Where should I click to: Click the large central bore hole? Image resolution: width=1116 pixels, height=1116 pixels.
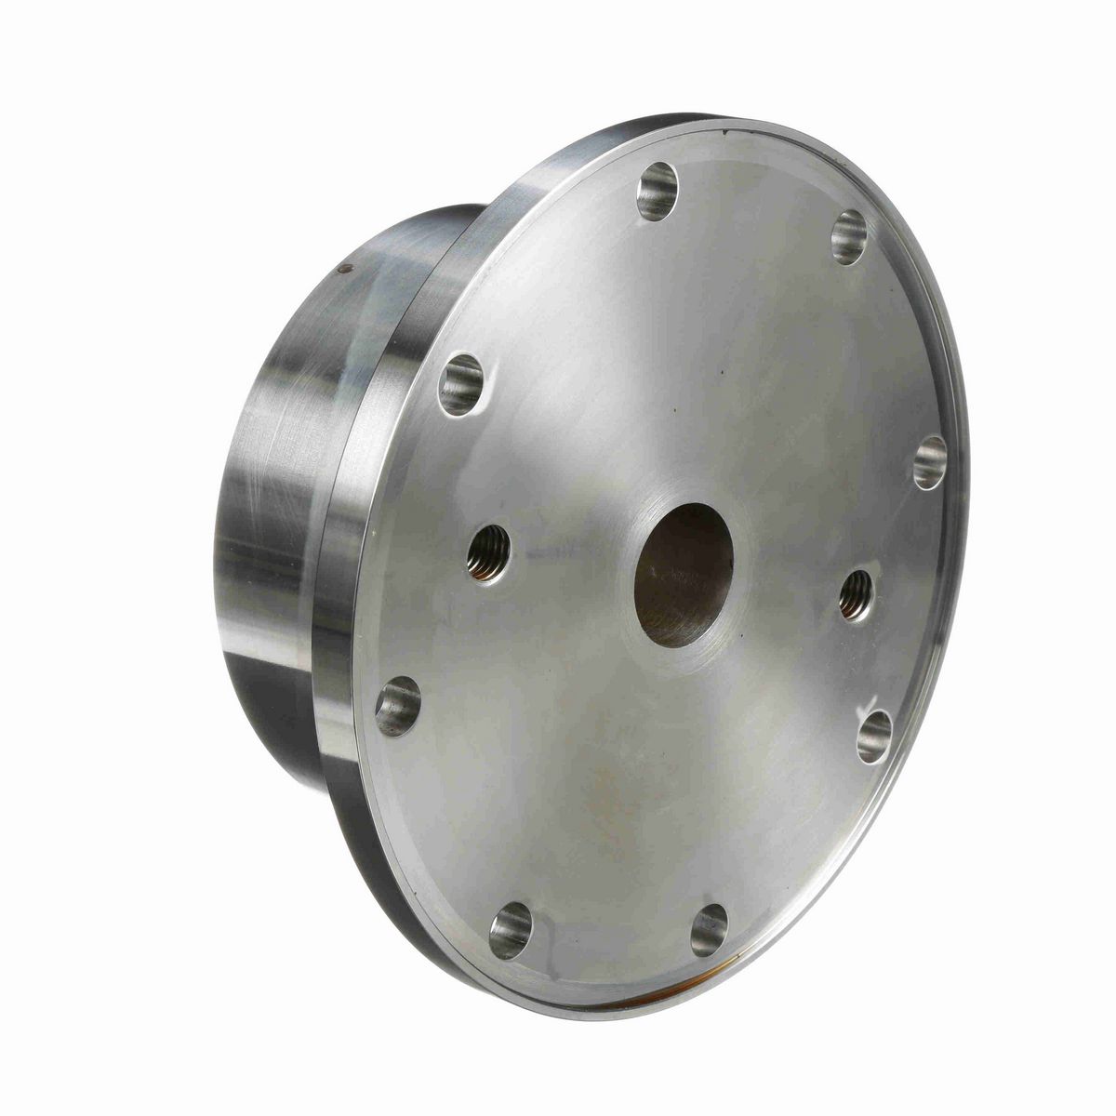tap(684, 575)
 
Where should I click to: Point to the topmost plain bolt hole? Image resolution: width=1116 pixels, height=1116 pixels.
tap(658, 191)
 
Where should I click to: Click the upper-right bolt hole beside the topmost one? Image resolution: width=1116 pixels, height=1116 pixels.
tap(848, 236)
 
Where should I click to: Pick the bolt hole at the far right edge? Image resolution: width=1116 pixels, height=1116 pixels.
tap(929, 462)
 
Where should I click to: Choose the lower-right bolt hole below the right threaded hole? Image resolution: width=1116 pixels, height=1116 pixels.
tap(874, 737)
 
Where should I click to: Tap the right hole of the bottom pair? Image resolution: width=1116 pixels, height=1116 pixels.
tap(709, 929)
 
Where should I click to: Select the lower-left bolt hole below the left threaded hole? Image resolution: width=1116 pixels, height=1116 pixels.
tap(397, 706)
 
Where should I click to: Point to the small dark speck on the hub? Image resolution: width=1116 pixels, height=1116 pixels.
tap(346, 269)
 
